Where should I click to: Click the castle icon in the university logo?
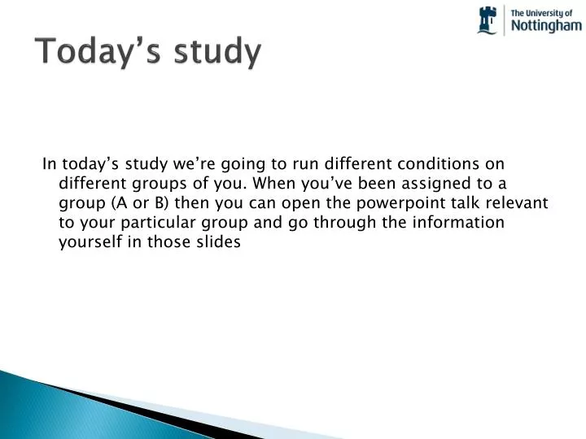coord(488,20)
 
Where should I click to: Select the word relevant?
coord(518,202)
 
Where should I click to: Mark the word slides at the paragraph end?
coord(222,242)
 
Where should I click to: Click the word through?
coord(338,222)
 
